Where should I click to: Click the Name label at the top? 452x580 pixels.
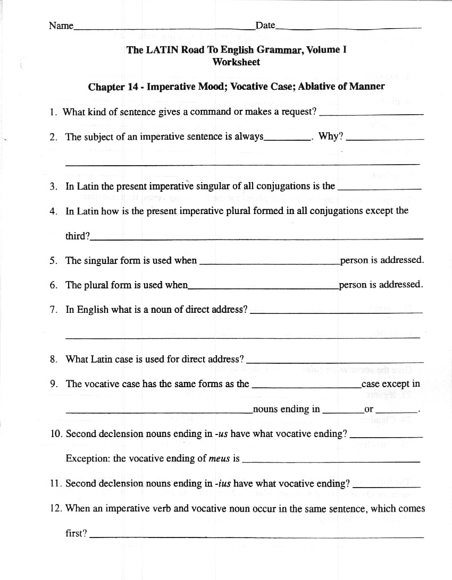pyautogui.click(x=61, y=25)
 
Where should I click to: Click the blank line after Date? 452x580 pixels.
pyautogui.click(x=348, y=27)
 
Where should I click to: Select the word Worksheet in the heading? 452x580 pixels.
pyautogui.click(x=236, y=62)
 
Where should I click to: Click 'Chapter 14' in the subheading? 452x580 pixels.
pyautogui.click(x=113, y=86)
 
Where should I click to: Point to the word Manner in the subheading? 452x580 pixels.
pyautogui.click(x=366, y=86)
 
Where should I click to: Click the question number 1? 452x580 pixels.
pyautogui.click(x=53, y=112)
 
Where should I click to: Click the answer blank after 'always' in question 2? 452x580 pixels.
pyautogui.click(x=287, y=138)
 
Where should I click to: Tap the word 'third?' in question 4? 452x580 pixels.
pyautogui.click(x=78, y=236)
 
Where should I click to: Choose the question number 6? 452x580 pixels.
pyautogui.click(x=53, y=285)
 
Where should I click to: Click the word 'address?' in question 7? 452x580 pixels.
pyautogui.click(x=229, y=310)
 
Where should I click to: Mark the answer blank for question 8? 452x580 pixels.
pyautogui.click(x=335, y=361)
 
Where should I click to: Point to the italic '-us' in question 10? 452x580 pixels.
pyautogui.click(x=221, y=434)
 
